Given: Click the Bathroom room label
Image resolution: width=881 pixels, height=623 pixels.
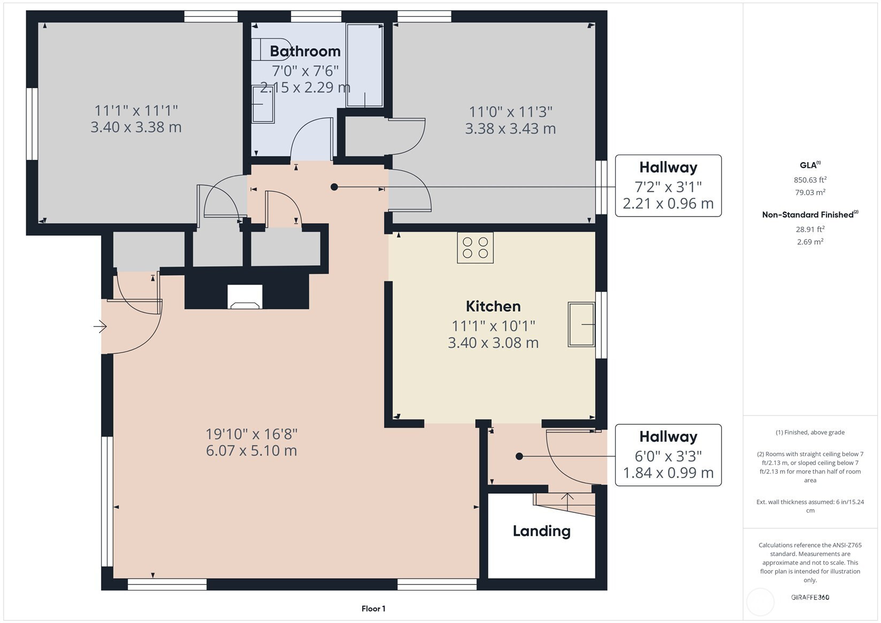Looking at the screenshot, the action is point(305,51).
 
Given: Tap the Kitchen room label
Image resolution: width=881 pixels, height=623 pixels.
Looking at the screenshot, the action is point(493,306).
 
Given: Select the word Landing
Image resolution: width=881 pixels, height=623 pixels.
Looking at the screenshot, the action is point(541,532).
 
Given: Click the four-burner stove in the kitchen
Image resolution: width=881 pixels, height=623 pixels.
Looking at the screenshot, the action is point(475,248).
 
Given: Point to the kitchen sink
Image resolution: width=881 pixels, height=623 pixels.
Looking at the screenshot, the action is point(581,325).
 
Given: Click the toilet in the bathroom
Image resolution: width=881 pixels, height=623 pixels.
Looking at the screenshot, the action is point(271,49).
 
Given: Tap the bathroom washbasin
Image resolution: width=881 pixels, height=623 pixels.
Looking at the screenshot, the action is point(263,104).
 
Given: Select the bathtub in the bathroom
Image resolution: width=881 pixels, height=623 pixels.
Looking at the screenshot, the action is point(365,65).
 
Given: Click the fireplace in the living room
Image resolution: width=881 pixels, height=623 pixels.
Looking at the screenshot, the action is point(245,297).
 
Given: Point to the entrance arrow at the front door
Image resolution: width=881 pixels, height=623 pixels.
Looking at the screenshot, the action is point(100,326).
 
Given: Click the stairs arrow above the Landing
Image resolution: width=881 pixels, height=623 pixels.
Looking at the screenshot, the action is point(567,502).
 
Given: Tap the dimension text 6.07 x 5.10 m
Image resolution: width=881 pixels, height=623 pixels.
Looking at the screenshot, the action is point(251,451).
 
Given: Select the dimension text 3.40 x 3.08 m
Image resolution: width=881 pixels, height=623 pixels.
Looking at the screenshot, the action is point(493,343).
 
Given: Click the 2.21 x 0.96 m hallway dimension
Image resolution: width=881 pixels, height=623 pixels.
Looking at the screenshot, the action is point(668,203).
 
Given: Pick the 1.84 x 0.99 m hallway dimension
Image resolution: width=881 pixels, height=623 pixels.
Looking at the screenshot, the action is point(668,473).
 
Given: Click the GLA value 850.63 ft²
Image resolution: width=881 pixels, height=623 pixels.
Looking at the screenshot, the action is point(810,180).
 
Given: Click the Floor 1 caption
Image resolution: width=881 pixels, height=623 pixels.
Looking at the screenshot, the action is point(373,609).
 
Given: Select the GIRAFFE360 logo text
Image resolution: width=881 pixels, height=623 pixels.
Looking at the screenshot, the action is point(810,597).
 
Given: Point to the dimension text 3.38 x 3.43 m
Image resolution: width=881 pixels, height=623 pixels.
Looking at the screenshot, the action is point(510,129).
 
